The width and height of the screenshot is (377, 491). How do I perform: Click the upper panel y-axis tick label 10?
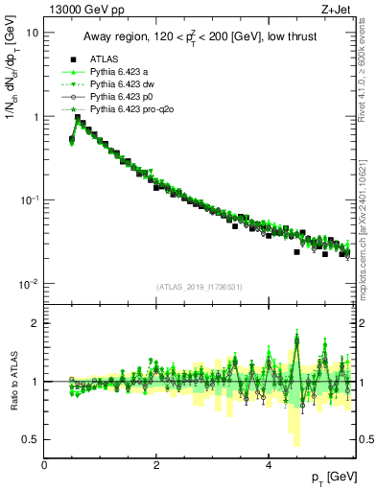pyautogui.click(x=33, y=33)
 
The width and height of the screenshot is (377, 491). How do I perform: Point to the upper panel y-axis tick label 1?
pyautogui.click(x=35, y=117)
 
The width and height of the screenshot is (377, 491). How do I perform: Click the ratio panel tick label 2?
pyautogui.click(x=35, y=323)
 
